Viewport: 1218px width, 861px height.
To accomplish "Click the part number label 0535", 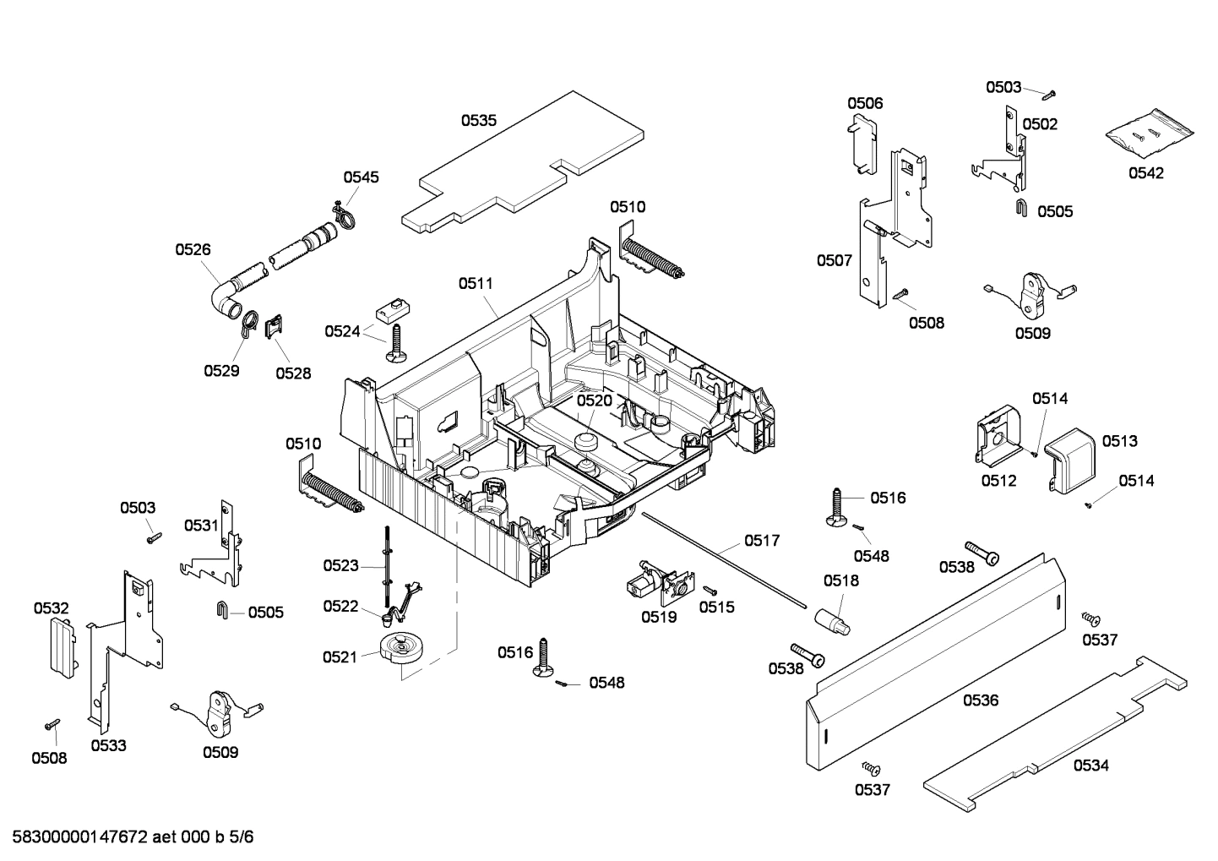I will pos(478,121).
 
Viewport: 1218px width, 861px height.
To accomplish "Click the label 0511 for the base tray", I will pos(476,284).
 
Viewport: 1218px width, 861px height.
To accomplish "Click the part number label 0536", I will pos(981,700).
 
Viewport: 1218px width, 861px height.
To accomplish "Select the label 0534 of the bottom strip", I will pos(1091,766).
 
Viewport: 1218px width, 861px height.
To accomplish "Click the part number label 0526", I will pos(193,249).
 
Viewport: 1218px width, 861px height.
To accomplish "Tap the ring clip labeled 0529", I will pos(247,322).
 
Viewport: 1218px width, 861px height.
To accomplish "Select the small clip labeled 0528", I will pos(274,327).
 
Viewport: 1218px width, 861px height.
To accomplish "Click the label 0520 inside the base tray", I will pos(594,401).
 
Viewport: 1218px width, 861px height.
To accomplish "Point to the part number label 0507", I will pos(834,260).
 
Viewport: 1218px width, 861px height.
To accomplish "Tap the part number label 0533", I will pos(109,745).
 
